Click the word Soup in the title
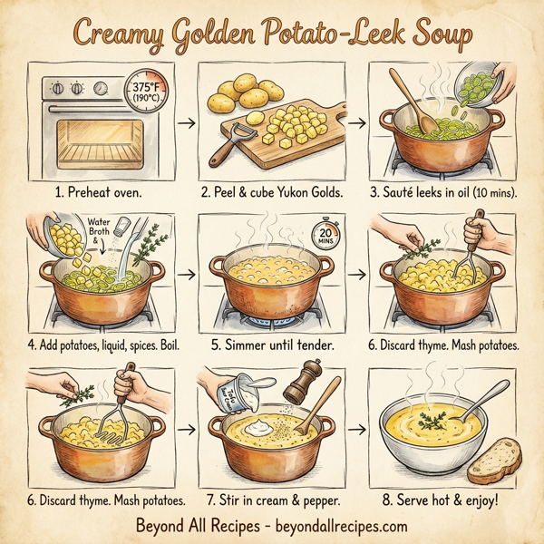tap(435, 34)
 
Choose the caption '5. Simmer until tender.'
tap(269, 345)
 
